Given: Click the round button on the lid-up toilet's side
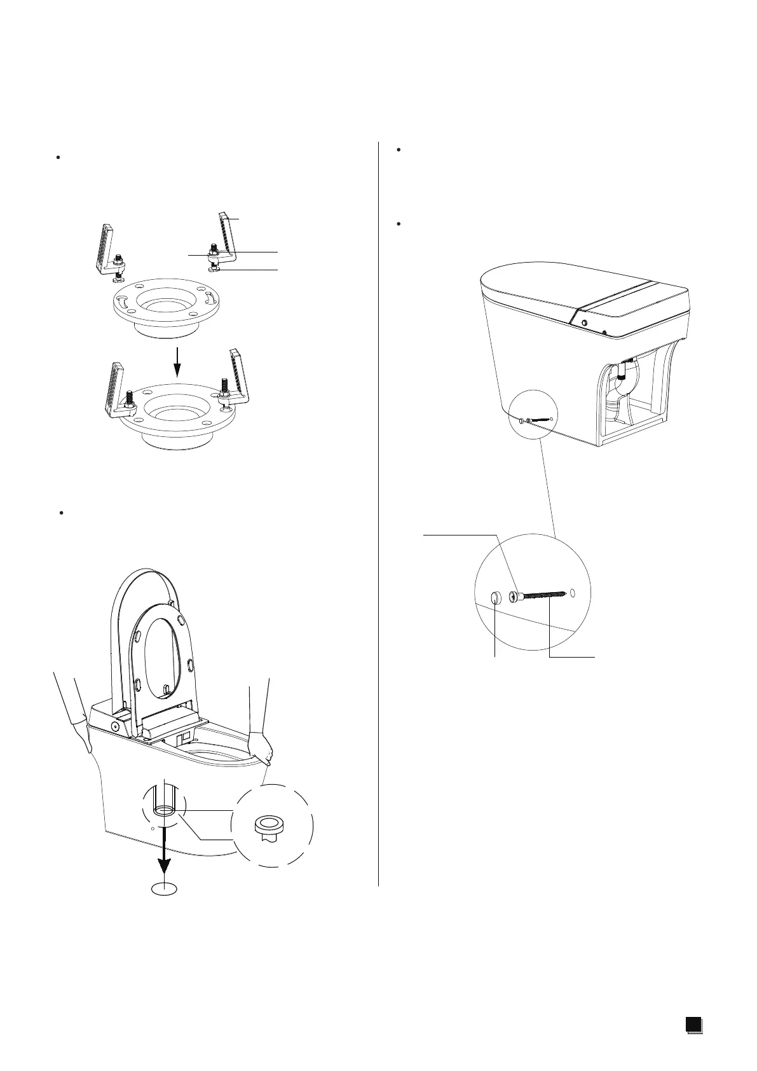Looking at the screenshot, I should tap(116, 726).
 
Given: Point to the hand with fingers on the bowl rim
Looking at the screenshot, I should tap(261, 747).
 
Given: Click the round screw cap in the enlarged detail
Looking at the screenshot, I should tap(496, 597).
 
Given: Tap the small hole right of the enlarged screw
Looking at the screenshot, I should tap(573, 593).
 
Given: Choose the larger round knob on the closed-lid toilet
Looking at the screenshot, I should tap(583, 323).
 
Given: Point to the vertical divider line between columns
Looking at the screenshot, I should tap(378, 509).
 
